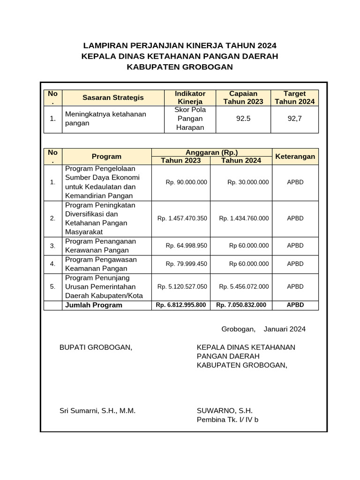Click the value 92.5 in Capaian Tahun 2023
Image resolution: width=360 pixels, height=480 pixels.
point(243,119)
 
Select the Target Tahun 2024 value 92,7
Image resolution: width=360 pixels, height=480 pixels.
point(295,119)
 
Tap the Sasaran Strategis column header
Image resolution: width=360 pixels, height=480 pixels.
point(113,97)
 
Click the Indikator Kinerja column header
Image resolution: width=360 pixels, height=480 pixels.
point(190,97)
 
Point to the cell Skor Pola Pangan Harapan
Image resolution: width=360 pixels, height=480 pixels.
point(190,119)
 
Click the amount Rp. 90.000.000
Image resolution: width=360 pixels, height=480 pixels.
point(186,182)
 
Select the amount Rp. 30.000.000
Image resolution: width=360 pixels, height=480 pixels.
point(248,182)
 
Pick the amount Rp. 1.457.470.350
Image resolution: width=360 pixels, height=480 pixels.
point(182,218)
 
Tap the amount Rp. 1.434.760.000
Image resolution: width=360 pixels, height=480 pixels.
point(244,218)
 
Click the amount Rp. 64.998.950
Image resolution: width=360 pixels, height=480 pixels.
point(186,246)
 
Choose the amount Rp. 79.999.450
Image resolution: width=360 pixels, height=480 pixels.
point(186,264)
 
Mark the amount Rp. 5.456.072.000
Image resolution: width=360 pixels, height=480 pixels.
point(244,286)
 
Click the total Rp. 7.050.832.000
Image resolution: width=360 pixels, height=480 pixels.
point(241,305)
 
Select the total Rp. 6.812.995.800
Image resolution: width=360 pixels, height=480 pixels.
point(180,305)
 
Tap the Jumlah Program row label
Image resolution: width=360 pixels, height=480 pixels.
point(94,305)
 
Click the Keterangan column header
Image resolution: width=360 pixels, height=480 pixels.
point(295,156)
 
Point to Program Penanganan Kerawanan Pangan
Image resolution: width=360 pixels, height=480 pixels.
point(101,246)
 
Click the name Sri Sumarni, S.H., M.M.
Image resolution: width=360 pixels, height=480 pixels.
point(97,411)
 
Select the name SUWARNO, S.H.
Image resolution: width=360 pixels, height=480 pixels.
point(225,411)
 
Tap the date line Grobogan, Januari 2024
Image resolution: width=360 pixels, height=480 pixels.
point(263,329)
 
